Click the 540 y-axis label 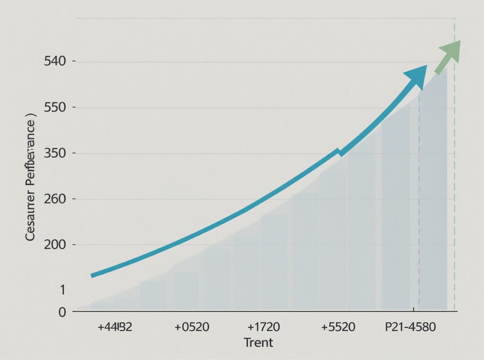[53, 61]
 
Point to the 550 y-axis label [53, 107]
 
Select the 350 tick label [53, 153]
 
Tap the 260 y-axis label [53, 199]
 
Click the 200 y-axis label [53, 245]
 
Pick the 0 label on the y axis [62, 312]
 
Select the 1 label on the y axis [62, 290]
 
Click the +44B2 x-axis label [114, 327]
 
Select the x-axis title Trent [258, 342]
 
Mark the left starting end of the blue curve [93, 275]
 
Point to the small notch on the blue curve [338, 152]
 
